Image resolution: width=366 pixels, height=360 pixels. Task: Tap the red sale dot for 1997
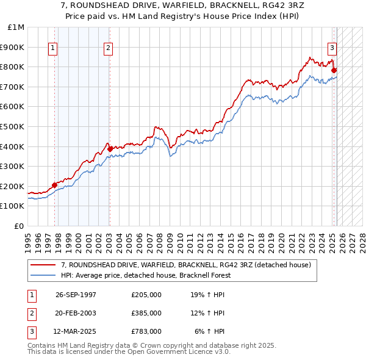[x=55, y=185]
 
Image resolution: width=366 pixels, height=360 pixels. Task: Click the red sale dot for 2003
[x=110, y=148]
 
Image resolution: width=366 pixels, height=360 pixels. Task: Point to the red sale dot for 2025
[x=334, y=70]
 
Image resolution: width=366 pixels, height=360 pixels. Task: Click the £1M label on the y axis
[x=16, y=27]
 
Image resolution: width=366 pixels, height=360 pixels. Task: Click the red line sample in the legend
[x=43, y=265]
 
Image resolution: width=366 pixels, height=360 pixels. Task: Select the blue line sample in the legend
[x=43, y=275]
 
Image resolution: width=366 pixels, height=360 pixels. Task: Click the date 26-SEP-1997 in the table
[x=76, y=295]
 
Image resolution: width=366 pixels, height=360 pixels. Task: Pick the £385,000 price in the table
[x=146, y=313]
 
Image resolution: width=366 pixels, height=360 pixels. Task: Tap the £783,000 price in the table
[x=146, y=331]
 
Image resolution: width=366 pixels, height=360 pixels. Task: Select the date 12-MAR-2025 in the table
[x=76, y=331]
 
